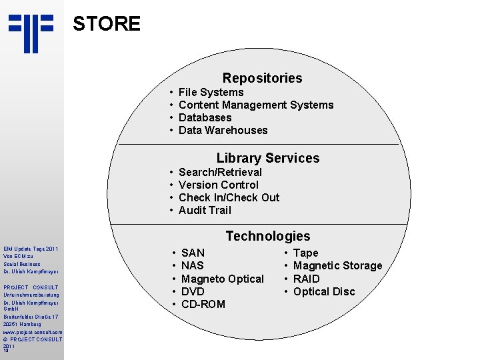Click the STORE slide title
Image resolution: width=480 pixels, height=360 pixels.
point(107,25)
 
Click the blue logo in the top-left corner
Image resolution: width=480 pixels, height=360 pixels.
point(31,32)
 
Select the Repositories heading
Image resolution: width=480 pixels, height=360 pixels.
point(262,79)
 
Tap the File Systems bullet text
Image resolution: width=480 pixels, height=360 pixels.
point(211,93)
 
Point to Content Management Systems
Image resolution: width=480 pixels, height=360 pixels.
point(256,105)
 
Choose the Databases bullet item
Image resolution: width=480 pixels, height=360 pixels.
point(205,118)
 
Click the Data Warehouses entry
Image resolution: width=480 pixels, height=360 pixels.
point(223,131)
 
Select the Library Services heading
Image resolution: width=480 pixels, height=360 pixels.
point(267,159)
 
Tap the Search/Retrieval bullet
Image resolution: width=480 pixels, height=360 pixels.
point(221,173)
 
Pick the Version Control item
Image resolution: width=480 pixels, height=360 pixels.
point(219,185)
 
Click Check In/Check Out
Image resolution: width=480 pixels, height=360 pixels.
point(229,198)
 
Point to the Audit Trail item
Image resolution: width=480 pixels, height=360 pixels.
point(205,211)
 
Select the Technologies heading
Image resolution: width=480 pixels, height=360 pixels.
point(267,237)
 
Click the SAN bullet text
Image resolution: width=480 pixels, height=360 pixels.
point(193,253)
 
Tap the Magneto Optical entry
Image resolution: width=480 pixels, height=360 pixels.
point(223,279)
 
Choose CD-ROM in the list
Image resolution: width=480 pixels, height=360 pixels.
point(203,305)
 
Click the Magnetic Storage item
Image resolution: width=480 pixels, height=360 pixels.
point(338,266)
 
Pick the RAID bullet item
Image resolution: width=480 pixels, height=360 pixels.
point(307,279)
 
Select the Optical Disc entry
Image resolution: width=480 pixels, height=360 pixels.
point(324,292)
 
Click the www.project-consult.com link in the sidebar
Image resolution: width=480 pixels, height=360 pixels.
point(33,332)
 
